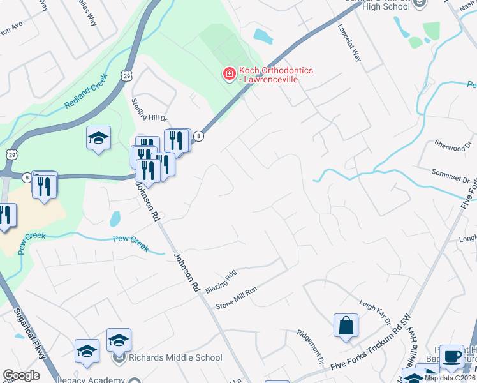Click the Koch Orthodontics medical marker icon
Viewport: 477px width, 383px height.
pos(228,75)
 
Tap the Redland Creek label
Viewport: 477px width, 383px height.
pos(86,94)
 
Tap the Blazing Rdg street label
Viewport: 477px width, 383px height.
pos(221,281)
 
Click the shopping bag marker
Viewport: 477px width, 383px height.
pos(346,324)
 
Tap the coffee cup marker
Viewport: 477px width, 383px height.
pos(452,356)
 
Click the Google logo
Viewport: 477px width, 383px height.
pos(21,375)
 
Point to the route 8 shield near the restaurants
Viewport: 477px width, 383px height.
pos(199,136)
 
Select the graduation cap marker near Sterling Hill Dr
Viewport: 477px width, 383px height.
pos(98,138)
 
